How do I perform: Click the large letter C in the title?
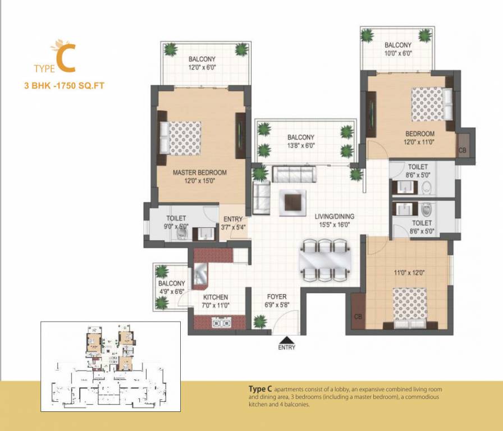click(66, 61)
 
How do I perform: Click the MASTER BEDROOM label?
click(199, 172)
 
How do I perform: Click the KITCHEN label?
click(215, 297)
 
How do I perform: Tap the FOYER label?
click(277, 296)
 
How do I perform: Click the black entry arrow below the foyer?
click(286, 338)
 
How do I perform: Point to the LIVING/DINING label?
click(334, 216)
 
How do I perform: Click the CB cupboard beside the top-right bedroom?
click(463, 150)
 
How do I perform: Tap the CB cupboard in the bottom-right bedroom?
click(358, 317)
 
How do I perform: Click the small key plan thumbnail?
click(111, 366)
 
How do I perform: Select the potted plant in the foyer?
click(260, 322)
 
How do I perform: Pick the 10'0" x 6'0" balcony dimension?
click(398, 54)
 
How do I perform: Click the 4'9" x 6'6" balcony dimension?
click(171, 292)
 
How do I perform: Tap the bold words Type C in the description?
click(260, 389)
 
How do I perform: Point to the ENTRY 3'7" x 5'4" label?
click(232, 223)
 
